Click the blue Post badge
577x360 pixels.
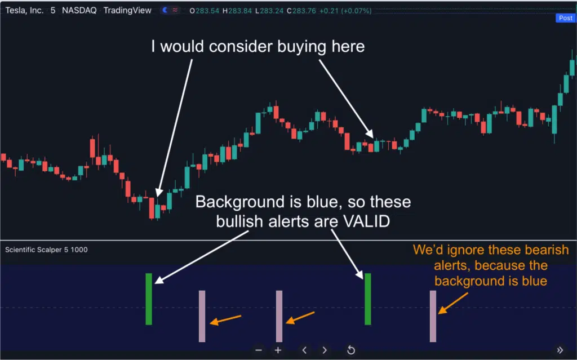tap(566, 17)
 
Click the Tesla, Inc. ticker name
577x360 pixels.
tap(24, 10)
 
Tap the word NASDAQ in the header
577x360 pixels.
tap(79, 10)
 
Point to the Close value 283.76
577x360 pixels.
tap(304, 11)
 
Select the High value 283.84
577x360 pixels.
tap(240, 11)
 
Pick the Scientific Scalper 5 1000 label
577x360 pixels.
tap(46, 250)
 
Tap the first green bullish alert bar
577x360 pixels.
tap(149, 299)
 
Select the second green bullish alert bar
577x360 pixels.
tap(367, 299)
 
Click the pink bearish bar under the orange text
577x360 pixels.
tap(433, 316)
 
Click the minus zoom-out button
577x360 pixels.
tap(259, 350)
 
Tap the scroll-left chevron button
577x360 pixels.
tap(304, 350)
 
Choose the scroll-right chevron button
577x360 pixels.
tap(324, 350)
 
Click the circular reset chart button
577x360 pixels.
tap(351, 350)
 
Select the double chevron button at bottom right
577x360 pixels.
tap(560, 350)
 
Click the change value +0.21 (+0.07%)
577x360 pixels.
tap(345, 11)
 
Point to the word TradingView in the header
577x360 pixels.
tap(127, 10)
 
